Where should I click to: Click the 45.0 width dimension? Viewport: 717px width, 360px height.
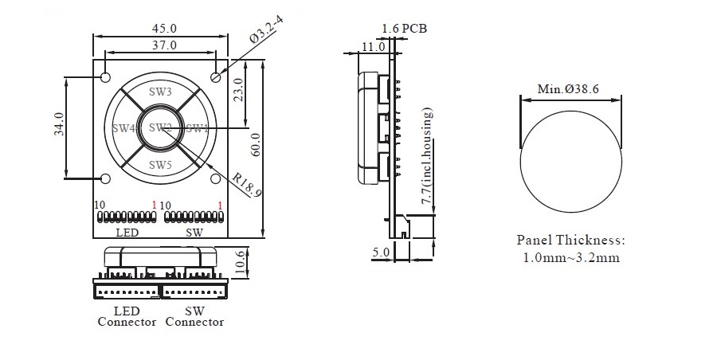point(163,28)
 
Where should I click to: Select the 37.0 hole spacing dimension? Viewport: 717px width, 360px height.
point(163,45)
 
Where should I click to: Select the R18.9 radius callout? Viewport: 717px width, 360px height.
point(247,186)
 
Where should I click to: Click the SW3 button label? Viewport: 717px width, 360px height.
point(160,92)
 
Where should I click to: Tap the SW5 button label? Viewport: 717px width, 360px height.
point(160,165)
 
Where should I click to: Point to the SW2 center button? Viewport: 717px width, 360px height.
point(160,128)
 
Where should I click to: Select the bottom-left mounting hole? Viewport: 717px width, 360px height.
point(106,178)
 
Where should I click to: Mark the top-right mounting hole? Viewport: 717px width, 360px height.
point(215,77)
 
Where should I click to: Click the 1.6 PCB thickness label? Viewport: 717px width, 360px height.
point(404,29)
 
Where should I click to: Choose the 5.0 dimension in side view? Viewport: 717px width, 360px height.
point(381,252)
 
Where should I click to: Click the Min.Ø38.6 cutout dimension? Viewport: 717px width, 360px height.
point(570,88)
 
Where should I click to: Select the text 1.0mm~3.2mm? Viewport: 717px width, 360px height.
point(570,257)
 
